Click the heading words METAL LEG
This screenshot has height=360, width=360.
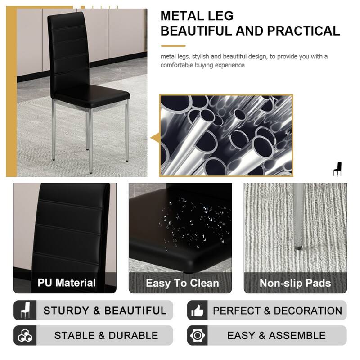coord(197,16)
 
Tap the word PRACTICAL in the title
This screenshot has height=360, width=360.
coord(304,31)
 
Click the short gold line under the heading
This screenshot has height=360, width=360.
coord(173,46)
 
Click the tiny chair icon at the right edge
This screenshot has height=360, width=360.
coord(337,169)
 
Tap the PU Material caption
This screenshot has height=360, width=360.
coord(67,283)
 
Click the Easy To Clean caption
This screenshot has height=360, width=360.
coord(182,283)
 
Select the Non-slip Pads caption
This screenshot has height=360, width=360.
coord(295,283)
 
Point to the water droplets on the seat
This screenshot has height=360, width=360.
coord(189,220)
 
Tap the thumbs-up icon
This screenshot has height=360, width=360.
coord(197,310)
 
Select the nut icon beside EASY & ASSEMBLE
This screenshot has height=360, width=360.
coord(197,335)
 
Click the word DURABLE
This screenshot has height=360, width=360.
coord(133,335)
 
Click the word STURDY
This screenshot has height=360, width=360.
coord(66,310)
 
